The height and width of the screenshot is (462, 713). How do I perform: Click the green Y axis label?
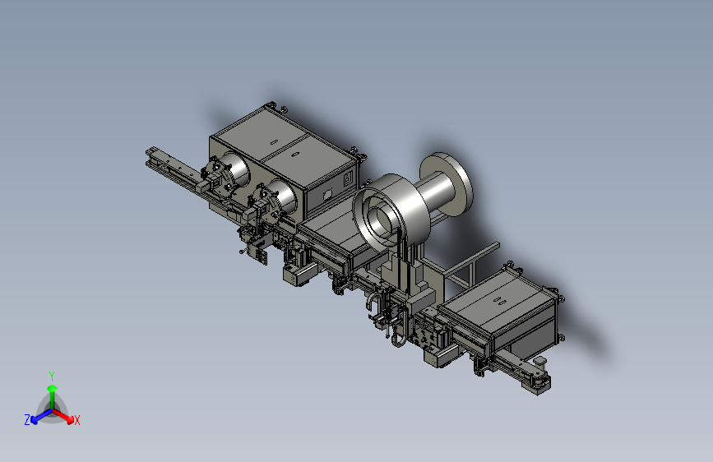click(52, 376)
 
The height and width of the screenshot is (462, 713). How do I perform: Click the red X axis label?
click(76, 420)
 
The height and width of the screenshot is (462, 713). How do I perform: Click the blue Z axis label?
click(27, 420)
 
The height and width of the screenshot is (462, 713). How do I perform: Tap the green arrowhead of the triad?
click(53, 388)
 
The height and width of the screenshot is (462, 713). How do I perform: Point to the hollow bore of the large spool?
click(381, 222)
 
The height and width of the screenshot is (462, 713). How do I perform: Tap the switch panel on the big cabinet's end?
click(349, 178)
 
